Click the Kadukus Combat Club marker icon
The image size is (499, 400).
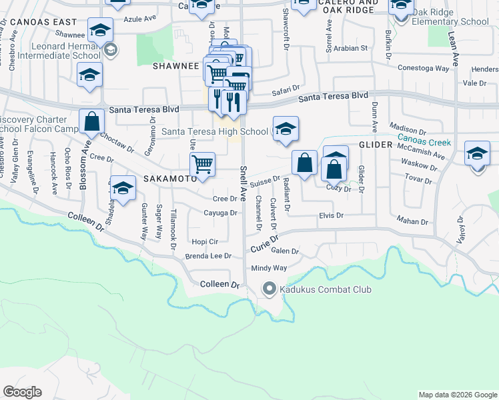(270, 289)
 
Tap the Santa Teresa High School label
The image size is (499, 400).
(215, 132)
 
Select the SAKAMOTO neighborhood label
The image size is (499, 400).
(169, 179)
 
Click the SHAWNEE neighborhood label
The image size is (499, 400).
(177, 67)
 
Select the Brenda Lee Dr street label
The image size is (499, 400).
(208, 256)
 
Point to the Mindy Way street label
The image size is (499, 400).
(269, 268)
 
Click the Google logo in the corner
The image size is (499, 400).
(23, 392)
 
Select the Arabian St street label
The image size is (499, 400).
(355, 48)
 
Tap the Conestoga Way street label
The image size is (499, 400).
(423, 68)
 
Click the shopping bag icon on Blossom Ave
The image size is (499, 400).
(92, 121)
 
